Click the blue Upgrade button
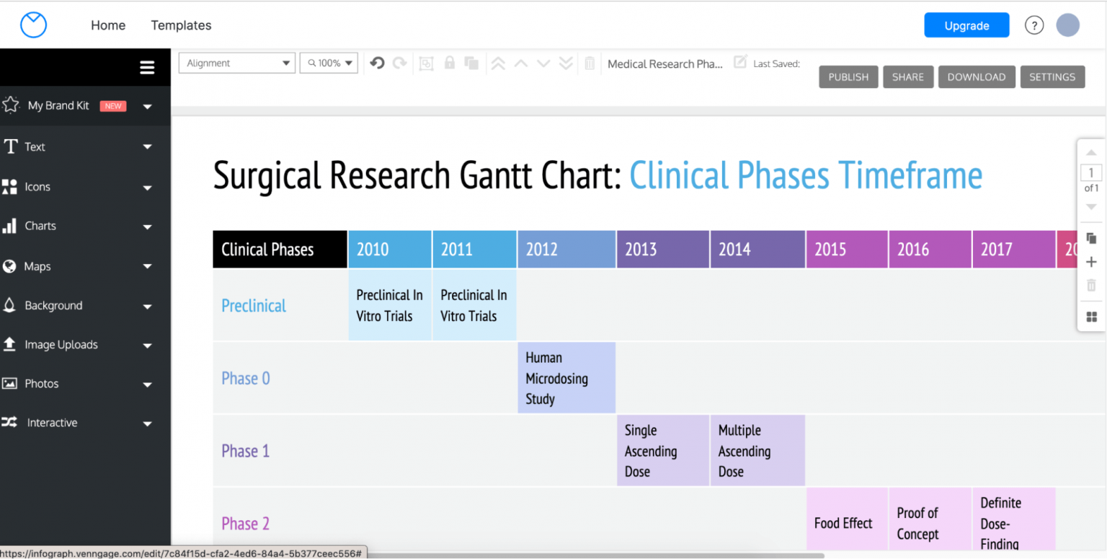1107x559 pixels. click(966, 25)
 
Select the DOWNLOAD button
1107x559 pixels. click(976, 77)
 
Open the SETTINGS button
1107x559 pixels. click(1052, 77)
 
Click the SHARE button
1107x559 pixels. click(907, 77)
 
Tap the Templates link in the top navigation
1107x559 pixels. click(181, 25)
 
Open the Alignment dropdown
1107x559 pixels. click(236, 63)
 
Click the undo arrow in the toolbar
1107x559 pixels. click(377, 63)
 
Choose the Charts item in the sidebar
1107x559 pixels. click(40, 226)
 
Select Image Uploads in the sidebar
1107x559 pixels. click(61, 345)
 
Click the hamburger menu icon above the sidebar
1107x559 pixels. click(147, 68)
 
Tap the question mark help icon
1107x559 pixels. click(1034, 25)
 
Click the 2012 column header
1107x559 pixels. click(566, 250)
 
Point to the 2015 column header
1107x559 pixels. click(846, 250)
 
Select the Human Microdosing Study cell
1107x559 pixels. click(566, 378)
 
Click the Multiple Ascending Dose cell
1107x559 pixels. click(757, 451)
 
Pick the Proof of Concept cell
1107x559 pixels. click(929, 524)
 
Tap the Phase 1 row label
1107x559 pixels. click(246, 451)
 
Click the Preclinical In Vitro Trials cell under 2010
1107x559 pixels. click(390, 305)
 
